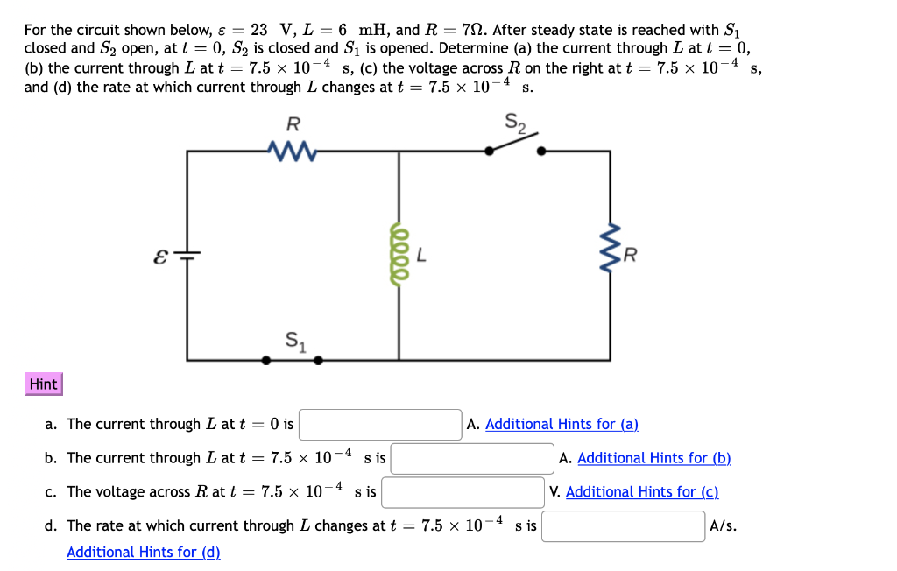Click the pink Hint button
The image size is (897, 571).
coord(43,384)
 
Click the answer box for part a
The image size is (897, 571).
coord(380,425)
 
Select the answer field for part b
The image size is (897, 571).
coord(472,458)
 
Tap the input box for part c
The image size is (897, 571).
coord(463,492)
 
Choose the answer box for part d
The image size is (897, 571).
coord(623,526)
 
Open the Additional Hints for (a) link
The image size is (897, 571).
coord(562,425)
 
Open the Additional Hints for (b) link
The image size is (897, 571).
coord(653,458)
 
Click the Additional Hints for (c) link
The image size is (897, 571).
coord(642,492)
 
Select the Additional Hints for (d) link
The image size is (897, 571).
coord(144,553)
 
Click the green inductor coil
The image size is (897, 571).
coord(399,255)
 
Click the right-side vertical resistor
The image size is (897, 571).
coord(611,255)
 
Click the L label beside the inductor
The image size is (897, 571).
coord(421,257)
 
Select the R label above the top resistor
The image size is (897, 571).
coord(293,123)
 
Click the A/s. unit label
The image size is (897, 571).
coord(723,526)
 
